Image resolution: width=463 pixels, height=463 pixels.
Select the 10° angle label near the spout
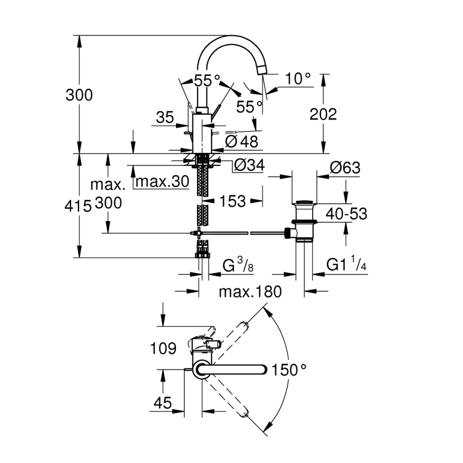point(298,79)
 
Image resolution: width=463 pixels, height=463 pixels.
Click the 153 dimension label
point(229,201)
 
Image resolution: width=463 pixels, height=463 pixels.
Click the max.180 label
point(251,292)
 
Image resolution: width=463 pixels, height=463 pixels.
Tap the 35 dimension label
point(166,118)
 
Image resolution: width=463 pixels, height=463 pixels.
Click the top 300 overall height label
point(79,95)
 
